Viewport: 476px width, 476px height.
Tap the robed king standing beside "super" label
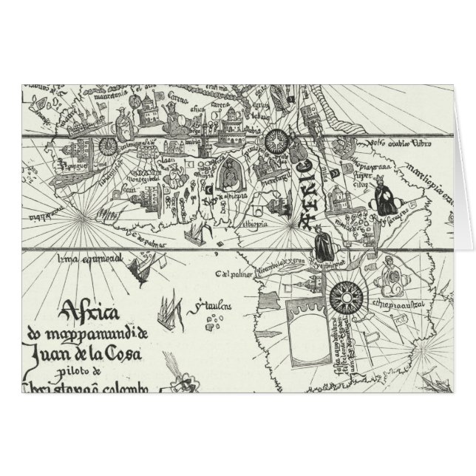(x=385, y=196)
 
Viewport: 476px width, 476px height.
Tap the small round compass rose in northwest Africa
(x=108, y=146)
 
